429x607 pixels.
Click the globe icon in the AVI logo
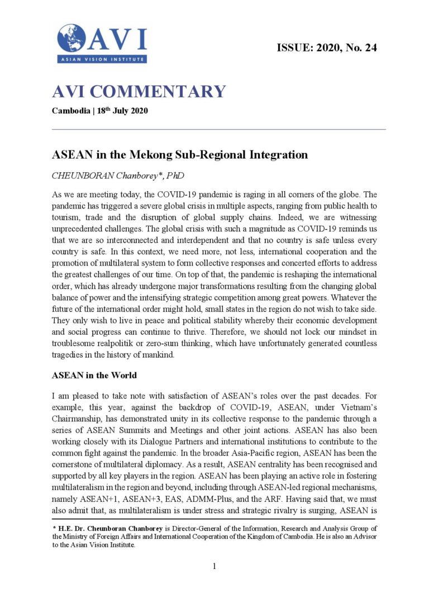click(71, 39)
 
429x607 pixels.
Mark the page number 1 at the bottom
click(214, 566)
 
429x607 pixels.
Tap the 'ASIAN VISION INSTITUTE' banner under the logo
click(102, 58)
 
